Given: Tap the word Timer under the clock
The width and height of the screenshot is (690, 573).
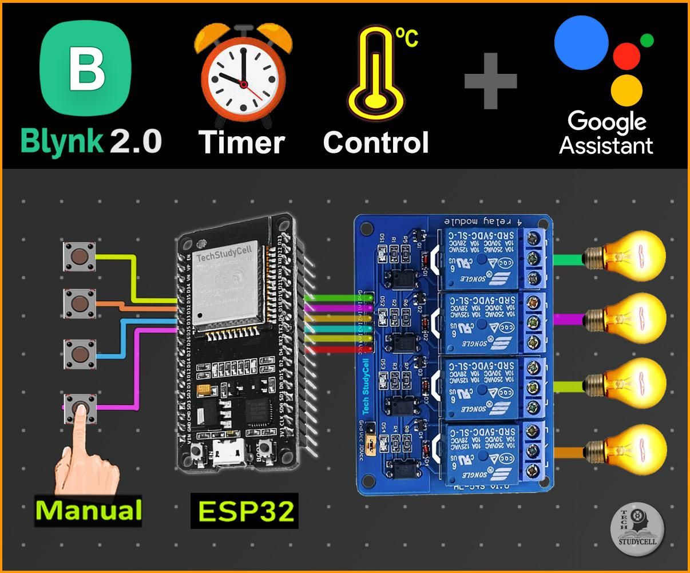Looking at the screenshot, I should point(241,142).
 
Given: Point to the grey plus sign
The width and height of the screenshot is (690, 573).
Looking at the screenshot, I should point(490,81).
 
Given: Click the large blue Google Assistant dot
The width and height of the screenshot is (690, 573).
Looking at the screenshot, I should point(581,43).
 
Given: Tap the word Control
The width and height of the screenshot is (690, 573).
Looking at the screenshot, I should point(376,142).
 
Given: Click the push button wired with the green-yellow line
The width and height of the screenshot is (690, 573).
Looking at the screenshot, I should point(79,256).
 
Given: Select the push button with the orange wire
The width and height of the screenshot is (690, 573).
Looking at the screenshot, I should point(79,303).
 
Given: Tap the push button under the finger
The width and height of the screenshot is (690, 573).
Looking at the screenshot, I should point(79,408).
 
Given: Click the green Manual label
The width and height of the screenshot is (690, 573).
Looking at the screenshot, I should point(89,509).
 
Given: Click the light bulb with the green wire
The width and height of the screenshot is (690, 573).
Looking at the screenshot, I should point(629,255).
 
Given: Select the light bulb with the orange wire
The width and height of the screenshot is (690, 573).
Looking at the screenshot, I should point(629,449).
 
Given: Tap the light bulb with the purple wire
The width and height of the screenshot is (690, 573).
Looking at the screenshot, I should point(629,318).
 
